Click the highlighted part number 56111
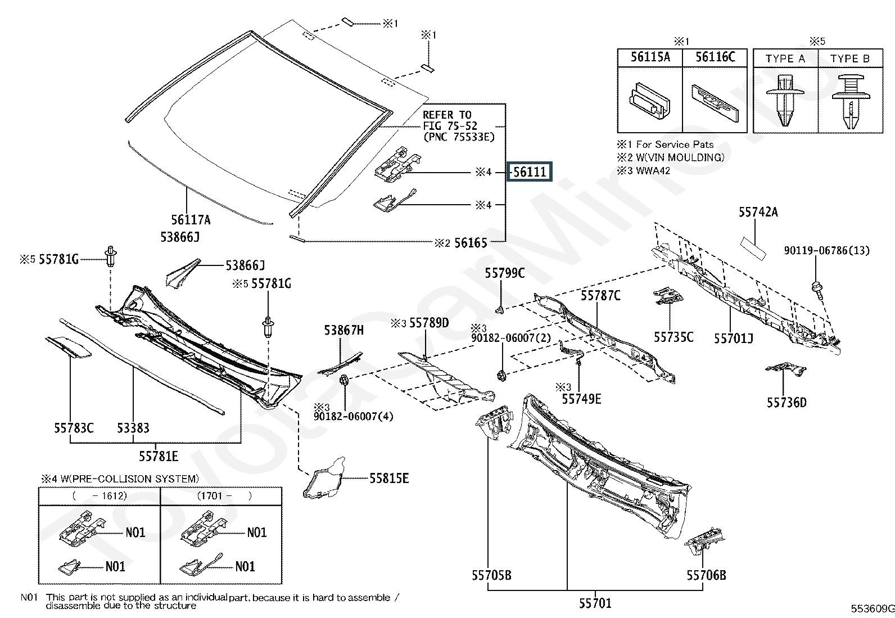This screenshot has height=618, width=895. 530,172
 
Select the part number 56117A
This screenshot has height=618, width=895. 191,220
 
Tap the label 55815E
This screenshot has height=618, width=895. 389,479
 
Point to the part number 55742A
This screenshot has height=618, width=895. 758,212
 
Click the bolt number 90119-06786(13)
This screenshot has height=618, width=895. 826,250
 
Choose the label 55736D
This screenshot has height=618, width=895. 786,403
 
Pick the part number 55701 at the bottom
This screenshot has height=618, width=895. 595,603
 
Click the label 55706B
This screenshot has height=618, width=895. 706,575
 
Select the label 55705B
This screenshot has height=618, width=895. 491,575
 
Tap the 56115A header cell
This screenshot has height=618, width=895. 650,57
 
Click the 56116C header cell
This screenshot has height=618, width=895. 715,57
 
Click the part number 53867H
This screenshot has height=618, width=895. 343,331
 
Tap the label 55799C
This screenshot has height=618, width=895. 505,273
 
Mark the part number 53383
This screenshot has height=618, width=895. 133,428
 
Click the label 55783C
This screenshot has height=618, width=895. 74,428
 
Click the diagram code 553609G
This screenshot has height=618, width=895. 872,609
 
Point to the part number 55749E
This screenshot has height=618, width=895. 581,399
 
